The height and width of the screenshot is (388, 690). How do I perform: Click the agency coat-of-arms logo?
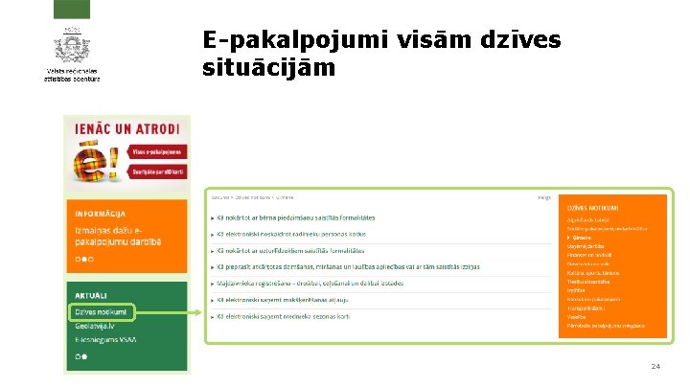(71, 46)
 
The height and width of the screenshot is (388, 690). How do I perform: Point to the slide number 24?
(655, 366)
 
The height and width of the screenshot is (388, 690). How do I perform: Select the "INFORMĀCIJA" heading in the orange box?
(101, 213)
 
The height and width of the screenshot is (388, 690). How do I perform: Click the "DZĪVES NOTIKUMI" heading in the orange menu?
(592, 208)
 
